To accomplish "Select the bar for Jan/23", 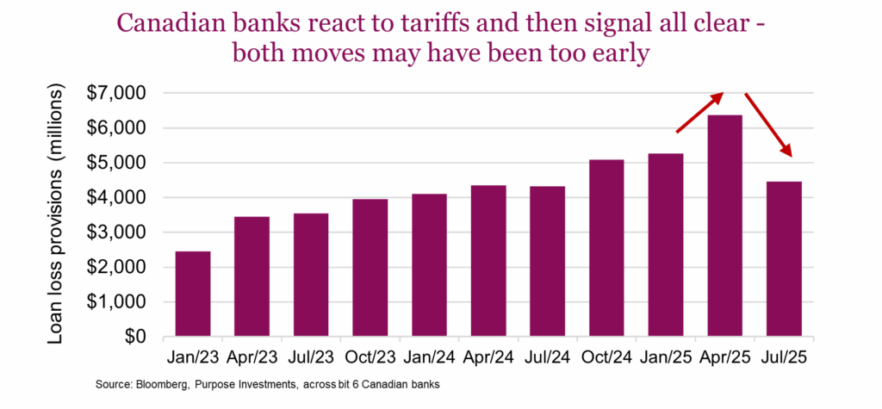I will tap(192, 294).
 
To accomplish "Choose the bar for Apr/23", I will tap(252, 276).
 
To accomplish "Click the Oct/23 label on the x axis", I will tap(370, 356).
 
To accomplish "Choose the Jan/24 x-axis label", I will tap(429, 356).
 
